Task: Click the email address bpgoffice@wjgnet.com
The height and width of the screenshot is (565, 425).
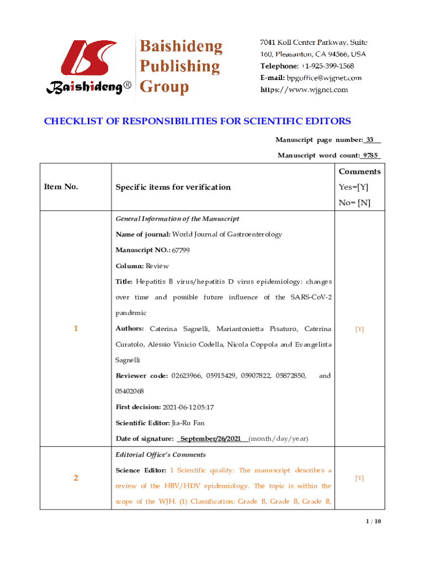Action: [324, 78]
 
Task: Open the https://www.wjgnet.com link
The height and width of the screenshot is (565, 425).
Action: [304, 89]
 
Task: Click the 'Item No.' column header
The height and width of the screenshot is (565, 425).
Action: [61, 186]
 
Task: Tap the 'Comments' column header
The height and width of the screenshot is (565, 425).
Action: [359, 172]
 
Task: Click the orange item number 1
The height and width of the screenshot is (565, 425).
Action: [76, 329]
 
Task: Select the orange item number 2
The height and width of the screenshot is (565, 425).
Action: [76, 478]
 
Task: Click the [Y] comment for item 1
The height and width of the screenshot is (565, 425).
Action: [359, 329]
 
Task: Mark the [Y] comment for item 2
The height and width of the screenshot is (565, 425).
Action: [359, 478]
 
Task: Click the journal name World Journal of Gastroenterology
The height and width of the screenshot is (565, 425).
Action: [227, 234]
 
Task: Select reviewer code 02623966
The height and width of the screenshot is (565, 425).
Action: [186, 376]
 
